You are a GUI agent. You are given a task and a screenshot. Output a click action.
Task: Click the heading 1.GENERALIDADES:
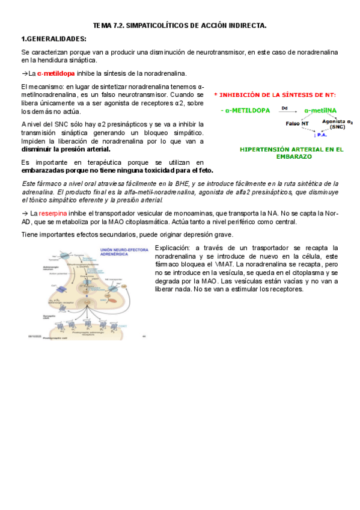click(53, 38)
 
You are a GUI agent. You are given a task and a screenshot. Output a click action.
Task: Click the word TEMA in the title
click(102, 26)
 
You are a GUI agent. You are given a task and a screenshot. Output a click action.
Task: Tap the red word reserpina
click(53, 214)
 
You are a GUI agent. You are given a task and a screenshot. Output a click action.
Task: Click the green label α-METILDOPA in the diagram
click(245, 111)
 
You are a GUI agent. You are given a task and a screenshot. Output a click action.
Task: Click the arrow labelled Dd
click(285, 111)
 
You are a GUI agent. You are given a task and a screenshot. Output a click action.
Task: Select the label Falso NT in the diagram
click(297, 123)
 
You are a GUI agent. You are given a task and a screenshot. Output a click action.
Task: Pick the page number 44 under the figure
click(144, 336)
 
